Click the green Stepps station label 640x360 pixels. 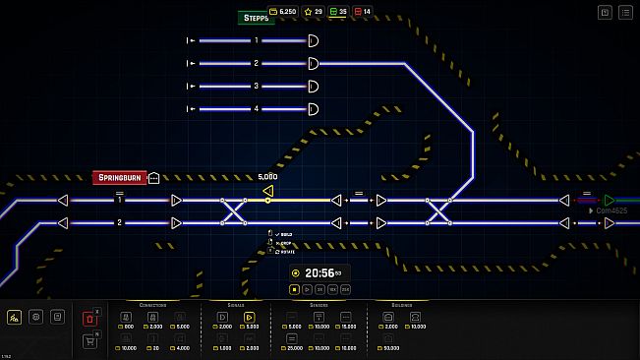point(256,17)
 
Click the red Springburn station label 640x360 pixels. point(119,177)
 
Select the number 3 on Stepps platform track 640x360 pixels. point(257,86)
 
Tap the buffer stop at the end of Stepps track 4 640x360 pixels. point(313,108)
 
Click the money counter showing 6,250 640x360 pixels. point(283,12)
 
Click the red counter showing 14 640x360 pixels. point(363,12)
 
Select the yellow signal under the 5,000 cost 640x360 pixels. point(267,190)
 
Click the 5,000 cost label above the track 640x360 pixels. point(267,177)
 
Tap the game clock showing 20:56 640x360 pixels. point(320,272)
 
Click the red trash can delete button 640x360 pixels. point(90,318)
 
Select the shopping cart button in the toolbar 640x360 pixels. point(90,340)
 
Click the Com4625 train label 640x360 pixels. point(611,210)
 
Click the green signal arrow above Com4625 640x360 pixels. point(610,200)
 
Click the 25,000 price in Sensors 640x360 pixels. point(292,348)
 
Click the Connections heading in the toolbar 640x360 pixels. point(153,304)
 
